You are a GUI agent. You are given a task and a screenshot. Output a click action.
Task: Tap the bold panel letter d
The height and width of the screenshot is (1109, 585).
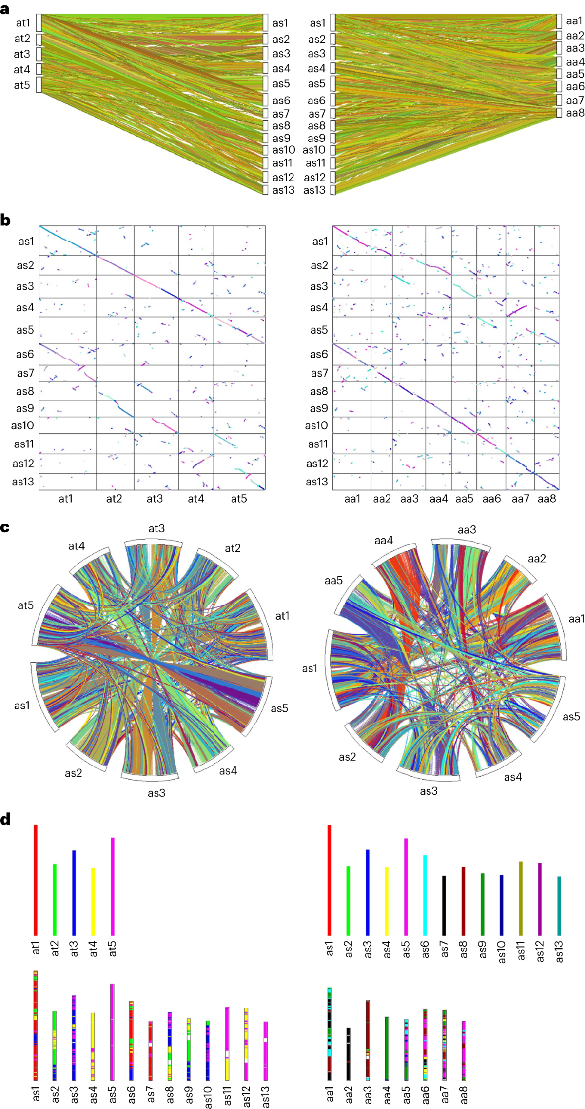click(x=5, y=819)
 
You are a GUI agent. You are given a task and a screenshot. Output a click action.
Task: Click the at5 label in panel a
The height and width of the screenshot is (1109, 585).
click(x=22, y=85)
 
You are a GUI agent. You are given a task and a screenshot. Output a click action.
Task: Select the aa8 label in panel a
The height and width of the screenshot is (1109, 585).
click(x=575, y=113)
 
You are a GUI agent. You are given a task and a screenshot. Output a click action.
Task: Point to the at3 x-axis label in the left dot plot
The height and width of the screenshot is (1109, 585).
click(x=155, y=498)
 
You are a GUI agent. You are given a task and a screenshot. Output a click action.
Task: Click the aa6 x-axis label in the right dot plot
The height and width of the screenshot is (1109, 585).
click(x=491, y=498)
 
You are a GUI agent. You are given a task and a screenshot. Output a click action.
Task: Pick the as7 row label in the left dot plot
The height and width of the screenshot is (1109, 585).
click(x=25, y=373)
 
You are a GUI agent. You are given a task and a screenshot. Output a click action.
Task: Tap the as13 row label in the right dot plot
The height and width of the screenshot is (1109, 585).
click(x=316, y=482)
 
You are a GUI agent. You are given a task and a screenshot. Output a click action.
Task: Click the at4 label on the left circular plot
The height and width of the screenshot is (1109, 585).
click(x=77, y=546)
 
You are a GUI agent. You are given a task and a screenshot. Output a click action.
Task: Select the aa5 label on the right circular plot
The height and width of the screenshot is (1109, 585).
click(x=333, y=580)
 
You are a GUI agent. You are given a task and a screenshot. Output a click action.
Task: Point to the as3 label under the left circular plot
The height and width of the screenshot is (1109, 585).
click(x=156, y=793)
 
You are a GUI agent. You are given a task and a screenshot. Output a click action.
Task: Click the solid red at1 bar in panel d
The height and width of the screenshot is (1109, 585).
click(x=36, y=878)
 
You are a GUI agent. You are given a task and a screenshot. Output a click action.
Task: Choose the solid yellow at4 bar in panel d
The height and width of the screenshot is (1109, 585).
click(x=93, y=901)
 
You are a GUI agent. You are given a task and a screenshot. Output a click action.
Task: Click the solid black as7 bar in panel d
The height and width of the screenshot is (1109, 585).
click(x=444, y=905)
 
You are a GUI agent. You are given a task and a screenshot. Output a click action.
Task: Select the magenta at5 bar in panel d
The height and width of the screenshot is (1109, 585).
click(x=113, y=886)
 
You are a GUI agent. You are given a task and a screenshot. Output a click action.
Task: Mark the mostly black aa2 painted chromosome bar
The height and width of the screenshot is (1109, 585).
click(x=348, y=1053)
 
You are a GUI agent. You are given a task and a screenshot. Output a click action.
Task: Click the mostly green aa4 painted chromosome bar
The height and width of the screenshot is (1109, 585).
click(x=387, y=1048)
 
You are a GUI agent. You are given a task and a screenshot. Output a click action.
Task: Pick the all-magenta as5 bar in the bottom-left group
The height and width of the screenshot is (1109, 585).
click(x=113, y=1031)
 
